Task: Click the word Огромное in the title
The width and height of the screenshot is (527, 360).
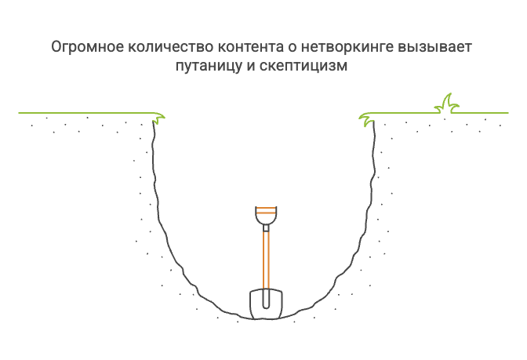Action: pyautogui.click(x=87, y=47)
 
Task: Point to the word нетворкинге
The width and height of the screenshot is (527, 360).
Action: pyautogui.click(x=347, y=47)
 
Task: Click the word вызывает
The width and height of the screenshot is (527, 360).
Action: pyautogui.click(x=435, y=47)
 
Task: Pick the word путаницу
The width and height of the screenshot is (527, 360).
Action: pyautogui.click(x=209, y=66)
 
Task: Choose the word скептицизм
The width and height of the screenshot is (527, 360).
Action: pyautogui.click(x=303, y=66)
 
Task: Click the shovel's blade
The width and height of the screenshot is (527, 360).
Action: pyautogui.click(x=266, y=304)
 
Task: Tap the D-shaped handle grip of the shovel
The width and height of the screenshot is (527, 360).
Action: pyautogui.click(x=266, y=216)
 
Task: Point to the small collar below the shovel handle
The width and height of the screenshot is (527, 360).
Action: pyautogui.click(x=266, y=228)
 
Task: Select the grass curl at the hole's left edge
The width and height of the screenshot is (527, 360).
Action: pyautogui.click(x=158, y=118)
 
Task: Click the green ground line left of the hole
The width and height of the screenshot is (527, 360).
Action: pyautogui.click(x=85, y=113)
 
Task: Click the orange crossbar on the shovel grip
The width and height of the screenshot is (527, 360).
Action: pyautogui.click(x=266, y=212)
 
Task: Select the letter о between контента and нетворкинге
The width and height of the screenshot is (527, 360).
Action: pyautogui.click(x=292, y=49)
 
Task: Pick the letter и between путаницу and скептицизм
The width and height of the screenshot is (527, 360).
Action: pyautogui.click(x=251, y=67)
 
